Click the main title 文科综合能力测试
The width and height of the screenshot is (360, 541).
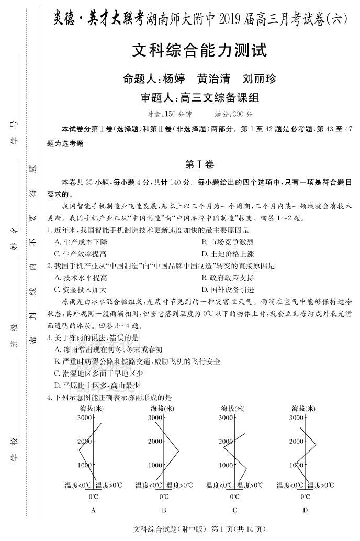199,51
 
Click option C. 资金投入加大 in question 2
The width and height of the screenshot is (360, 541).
81,289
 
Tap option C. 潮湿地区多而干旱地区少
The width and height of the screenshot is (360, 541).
99,373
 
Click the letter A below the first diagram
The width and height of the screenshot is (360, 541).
93,510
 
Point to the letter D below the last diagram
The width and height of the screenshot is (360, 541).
305,510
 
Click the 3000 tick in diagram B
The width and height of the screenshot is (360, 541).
155,418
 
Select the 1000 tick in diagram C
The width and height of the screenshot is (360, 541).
226,465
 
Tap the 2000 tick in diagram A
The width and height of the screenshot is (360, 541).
84,441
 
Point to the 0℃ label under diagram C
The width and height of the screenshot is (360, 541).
234,497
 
